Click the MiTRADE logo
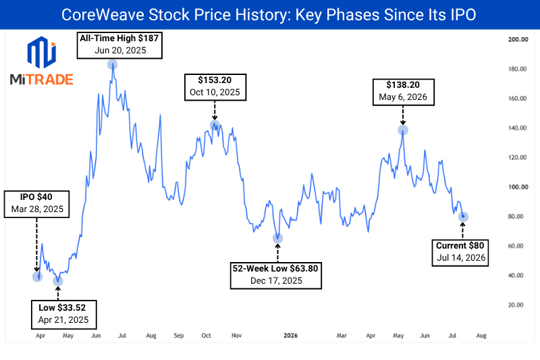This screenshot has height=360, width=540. click(41, 61)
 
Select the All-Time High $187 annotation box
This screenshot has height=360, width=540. click(119, 45)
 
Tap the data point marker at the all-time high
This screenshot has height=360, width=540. click(112, 64)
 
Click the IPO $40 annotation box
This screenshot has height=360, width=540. click(36, 204)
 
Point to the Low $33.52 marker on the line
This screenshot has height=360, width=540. click(58, 281)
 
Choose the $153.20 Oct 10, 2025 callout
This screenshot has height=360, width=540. click(215, 87)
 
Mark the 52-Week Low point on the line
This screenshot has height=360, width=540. click(277, 238)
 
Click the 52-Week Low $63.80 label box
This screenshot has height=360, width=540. click(275, 276)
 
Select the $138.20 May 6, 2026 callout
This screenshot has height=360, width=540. click(403, 92)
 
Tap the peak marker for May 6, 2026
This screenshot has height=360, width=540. click(403, 130)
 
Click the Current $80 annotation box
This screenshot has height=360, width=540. click(460, 253)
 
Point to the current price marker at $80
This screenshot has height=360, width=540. click(463, 217)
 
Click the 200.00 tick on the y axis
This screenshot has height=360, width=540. click(518, 39)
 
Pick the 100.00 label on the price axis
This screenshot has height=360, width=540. click(518, 187)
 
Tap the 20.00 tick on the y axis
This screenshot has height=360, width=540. click(516, 305)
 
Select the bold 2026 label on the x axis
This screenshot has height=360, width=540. click(291, 336)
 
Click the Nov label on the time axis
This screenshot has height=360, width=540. click(237, 336)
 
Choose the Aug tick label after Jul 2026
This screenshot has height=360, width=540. click(481, 336)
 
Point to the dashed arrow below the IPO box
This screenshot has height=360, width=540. click(36, 245)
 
